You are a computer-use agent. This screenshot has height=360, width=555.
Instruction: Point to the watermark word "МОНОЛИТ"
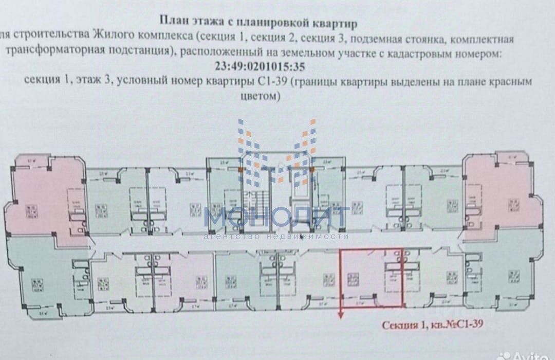(276, 218)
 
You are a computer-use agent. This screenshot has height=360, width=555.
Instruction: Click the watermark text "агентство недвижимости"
(276, 236)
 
